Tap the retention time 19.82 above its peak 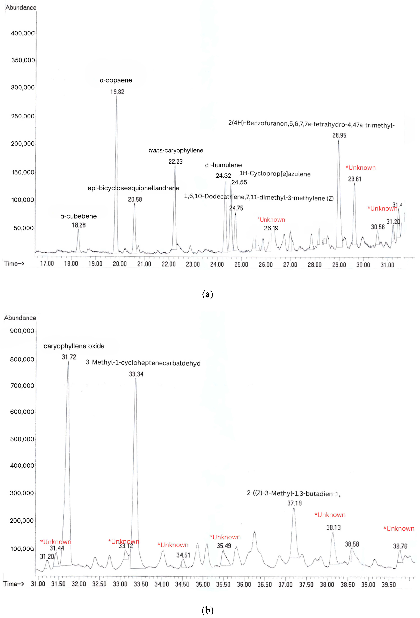117,92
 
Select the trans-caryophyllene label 176,151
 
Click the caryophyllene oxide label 74,346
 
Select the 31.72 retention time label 69,357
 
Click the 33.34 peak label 136,374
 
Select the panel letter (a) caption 207,294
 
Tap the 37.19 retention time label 294,503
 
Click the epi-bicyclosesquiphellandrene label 134,188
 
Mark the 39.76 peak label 400,546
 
